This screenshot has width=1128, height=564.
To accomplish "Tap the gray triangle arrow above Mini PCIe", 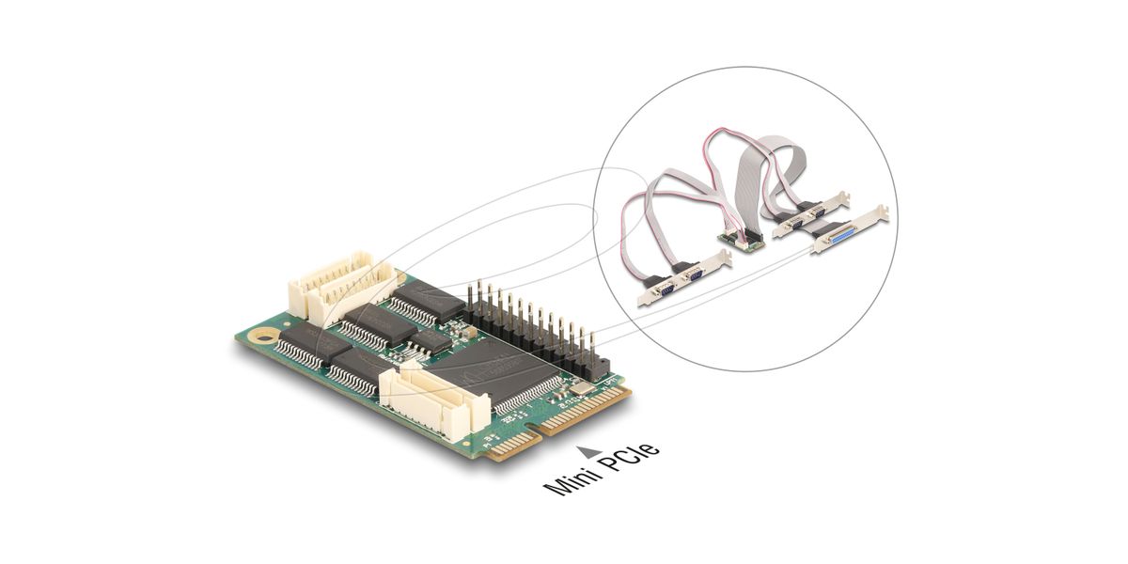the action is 588,450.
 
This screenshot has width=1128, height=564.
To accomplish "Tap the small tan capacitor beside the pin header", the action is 470,331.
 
